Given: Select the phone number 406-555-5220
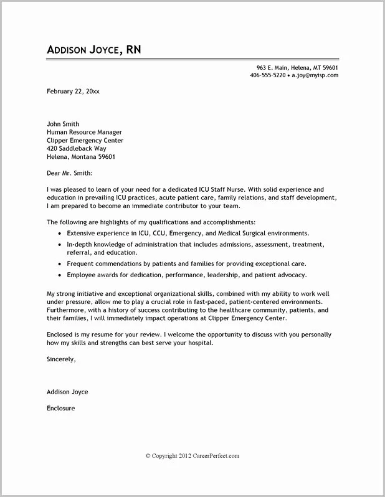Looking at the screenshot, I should point(267,75).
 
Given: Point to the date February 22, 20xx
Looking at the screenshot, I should point(73,91).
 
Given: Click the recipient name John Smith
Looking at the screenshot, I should point(63,124).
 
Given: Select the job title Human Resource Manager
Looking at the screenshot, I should point(84,132).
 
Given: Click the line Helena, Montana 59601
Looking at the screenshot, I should point(81,157).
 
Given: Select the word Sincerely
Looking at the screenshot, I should point(60,359).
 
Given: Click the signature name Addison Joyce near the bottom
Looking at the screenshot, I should point(67,392).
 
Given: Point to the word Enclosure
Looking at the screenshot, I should point(60,409).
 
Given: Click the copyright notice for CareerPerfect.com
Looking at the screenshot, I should point(192,456).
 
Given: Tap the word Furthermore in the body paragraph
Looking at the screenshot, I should point(67,310).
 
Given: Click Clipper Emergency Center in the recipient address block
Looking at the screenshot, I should point(85,141).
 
